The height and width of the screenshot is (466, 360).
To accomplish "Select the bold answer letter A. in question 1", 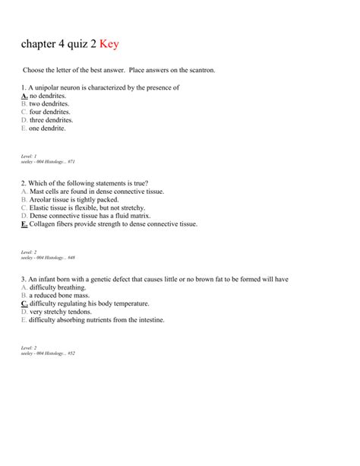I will [x=25, y=97].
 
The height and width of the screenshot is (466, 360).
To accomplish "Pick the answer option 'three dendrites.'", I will [x=52, y=120].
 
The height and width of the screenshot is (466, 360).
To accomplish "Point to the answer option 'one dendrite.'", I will [x=48, y=128].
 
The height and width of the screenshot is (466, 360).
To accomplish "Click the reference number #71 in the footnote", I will [x=71, y=162].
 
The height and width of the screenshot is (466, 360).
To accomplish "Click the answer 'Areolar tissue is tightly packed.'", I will [x=74, y=200].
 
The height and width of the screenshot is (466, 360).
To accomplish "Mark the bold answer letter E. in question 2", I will [x=25, y=224].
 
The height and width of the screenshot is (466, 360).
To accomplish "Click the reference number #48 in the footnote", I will [x=71, y=258].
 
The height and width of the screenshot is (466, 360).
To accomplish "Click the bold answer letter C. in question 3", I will [x=25, y=304].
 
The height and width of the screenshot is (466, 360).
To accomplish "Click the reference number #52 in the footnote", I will [x=71, y=353].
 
